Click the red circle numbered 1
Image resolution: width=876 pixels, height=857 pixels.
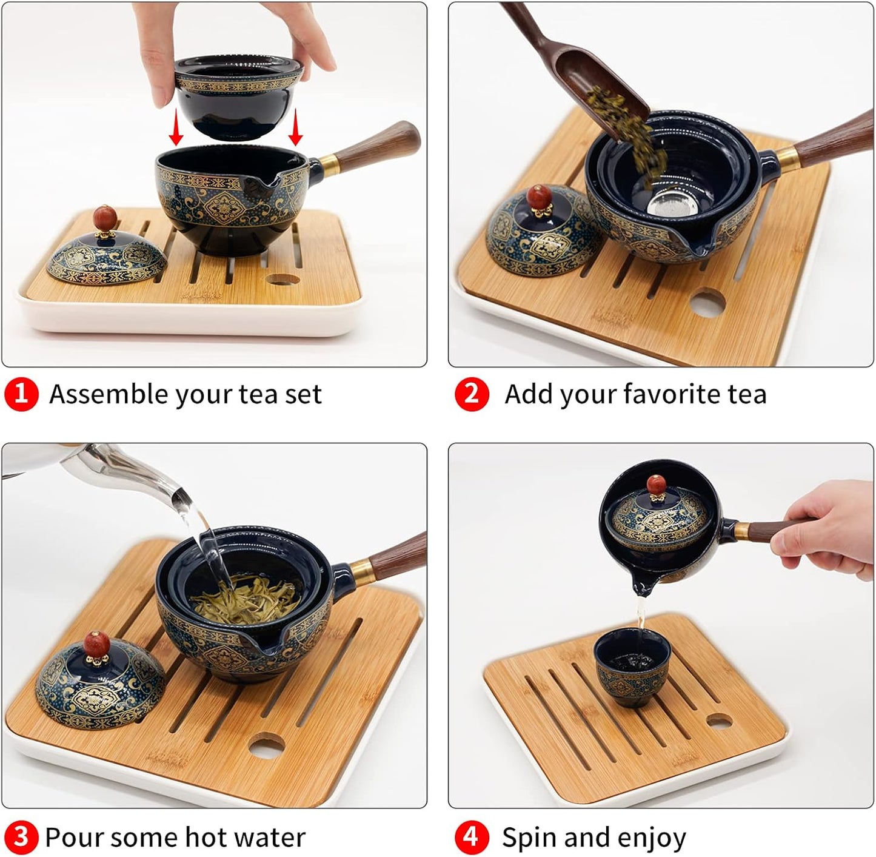pos(21,394)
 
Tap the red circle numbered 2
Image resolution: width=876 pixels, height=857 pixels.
pos(471,394)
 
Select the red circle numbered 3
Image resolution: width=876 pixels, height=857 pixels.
pos(21,838)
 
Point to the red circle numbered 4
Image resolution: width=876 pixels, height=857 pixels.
pos(471,838)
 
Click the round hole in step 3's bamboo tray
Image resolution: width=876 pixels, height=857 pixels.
pos(267,746)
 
